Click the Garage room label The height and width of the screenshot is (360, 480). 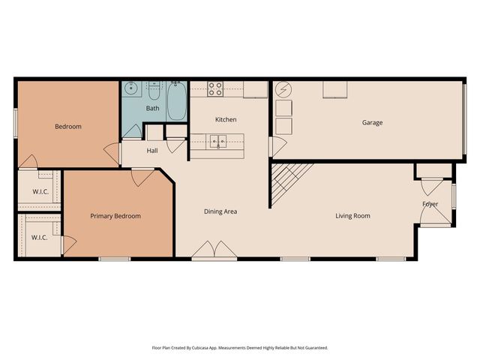pos(373,122)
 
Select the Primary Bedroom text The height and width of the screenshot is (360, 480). pos(115,216)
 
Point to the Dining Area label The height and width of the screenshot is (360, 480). pos(220,211)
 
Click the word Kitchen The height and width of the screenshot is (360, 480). pos(226,120)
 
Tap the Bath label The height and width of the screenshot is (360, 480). pos(152,109)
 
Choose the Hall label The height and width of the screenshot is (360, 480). pos(152,151)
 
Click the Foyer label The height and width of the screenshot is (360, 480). pos(430,204)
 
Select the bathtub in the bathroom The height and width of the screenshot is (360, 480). pos(177,100)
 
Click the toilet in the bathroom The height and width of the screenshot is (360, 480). pos(153,91)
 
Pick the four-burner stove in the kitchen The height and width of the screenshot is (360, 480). pos(215,89)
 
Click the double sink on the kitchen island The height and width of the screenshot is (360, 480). pos(218,140)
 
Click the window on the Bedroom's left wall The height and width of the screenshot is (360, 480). pos(15,122)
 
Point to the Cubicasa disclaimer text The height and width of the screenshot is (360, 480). pos(240,348)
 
